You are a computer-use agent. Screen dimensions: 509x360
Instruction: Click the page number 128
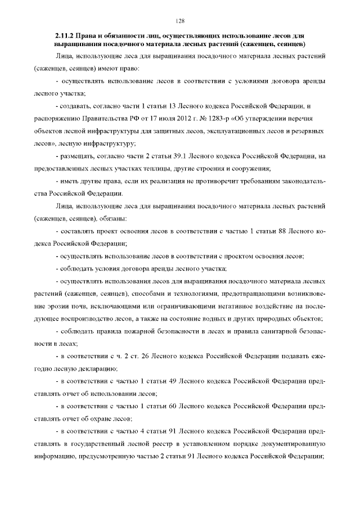coord(180,21)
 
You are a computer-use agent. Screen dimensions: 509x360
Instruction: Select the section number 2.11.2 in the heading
coord(65,35)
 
